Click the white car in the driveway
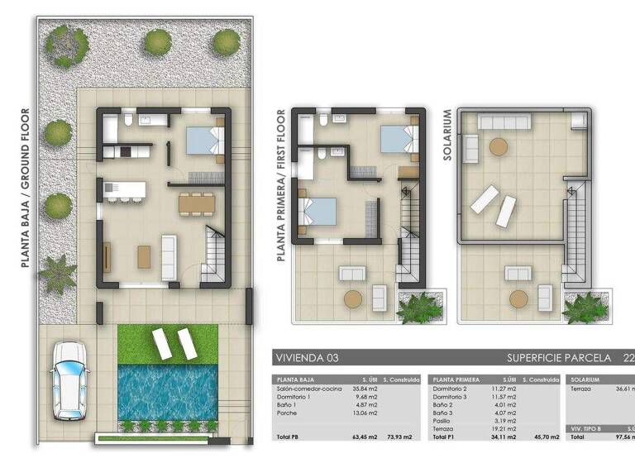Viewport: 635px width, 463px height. point(69,380)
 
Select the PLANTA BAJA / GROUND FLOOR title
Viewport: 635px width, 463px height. point(26,189)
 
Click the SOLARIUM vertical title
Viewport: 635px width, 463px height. point(447,135)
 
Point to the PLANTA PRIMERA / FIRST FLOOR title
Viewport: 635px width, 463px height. point(282,186)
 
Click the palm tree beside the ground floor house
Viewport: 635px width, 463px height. point(59,273)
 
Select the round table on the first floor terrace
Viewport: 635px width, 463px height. point(353,299)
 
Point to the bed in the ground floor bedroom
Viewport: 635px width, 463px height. point(204,141)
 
